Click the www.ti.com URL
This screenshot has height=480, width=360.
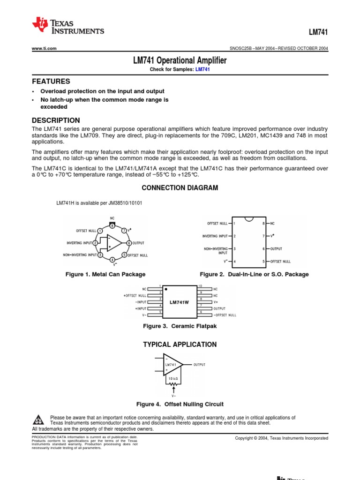(44, 48)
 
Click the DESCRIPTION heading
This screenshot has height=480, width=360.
(56, 120)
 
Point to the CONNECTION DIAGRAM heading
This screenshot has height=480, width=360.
(180, 187)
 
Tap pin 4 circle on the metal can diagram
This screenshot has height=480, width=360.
(112, 260)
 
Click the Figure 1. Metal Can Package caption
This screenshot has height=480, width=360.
(105, 274)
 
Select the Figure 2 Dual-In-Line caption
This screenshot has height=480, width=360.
(254, 274)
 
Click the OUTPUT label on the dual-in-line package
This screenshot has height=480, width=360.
(277, 249)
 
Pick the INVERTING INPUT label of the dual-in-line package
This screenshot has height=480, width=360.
(216, 236)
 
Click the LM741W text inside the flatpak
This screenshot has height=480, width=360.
(179, 303)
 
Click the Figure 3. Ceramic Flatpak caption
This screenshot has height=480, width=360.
(180, 326)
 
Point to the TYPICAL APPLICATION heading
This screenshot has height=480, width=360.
(180, 345)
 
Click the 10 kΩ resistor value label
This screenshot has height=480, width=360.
(173, 377)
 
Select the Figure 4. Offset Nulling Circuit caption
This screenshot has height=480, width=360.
(180, 404)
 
